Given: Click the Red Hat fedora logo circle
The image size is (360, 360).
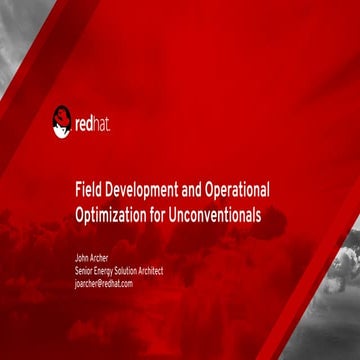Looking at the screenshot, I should coord(63,123).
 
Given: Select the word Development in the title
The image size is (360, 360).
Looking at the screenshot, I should coord(142,190).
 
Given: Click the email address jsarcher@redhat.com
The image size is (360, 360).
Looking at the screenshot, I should coord(104,283).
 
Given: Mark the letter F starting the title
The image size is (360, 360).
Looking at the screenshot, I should coord(78,190).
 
